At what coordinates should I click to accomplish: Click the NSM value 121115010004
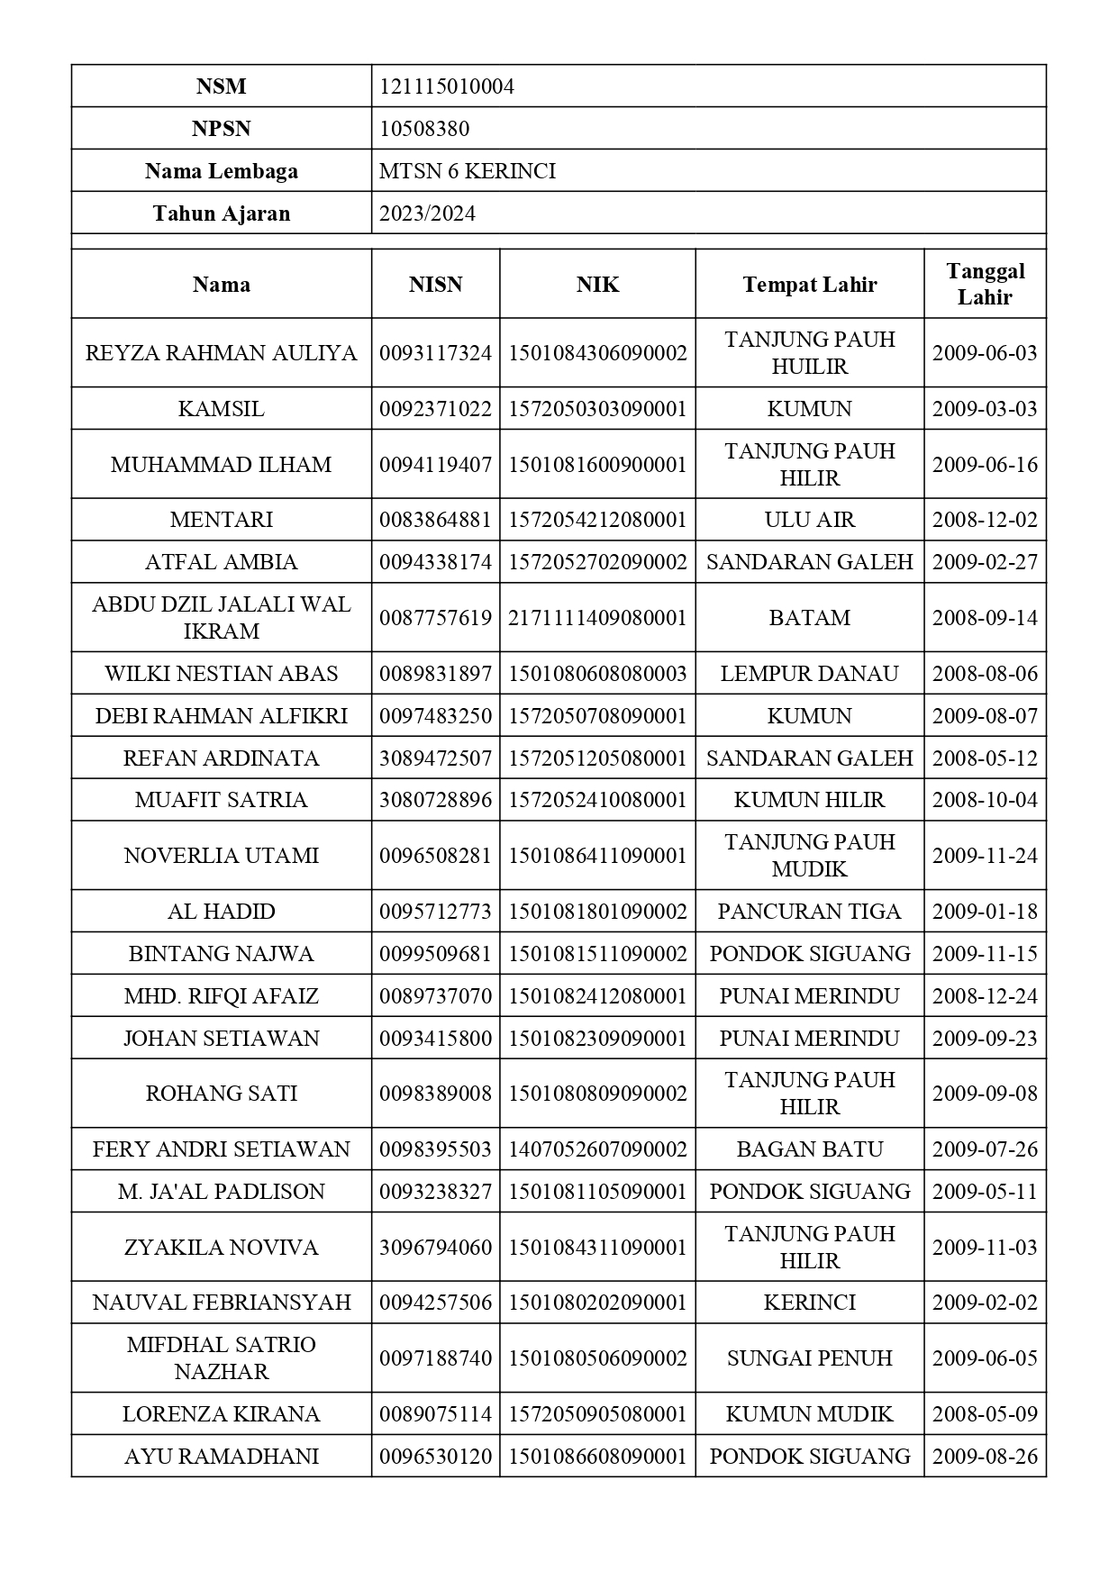(447, 86)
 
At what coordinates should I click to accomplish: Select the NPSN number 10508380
(424, 129)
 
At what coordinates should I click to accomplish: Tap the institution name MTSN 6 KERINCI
(468, 171)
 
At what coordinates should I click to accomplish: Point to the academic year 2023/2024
(427, 213)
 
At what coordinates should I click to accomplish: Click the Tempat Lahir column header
(809, 285)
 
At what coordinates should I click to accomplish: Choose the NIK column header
(597, 285)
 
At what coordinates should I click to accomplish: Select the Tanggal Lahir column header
(985, 284)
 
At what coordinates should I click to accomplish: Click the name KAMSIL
(222, 409)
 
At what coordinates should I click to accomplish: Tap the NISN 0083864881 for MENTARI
(435, 520)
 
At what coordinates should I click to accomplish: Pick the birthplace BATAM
(809, 618)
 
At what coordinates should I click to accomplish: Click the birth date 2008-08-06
(985, 674)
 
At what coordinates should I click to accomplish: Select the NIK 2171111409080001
(597, 618)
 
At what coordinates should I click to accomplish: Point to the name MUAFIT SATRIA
(222, 800)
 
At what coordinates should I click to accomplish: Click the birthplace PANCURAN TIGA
(809, 912)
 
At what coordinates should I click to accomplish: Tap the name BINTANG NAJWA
(222, 954)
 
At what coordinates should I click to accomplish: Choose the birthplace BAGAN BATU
(809, 1149)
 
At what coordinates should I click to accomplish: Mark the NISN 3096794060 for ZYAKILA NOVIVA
(435, 1248)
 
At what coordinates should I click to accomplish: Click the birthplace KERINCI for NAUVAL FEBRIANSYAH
(809, 1303)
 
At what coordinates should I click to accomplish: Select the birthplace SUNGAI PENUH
(809, 1358)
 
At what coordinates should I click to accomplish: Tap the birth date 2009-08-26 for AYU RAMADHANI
(985, 1457)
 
